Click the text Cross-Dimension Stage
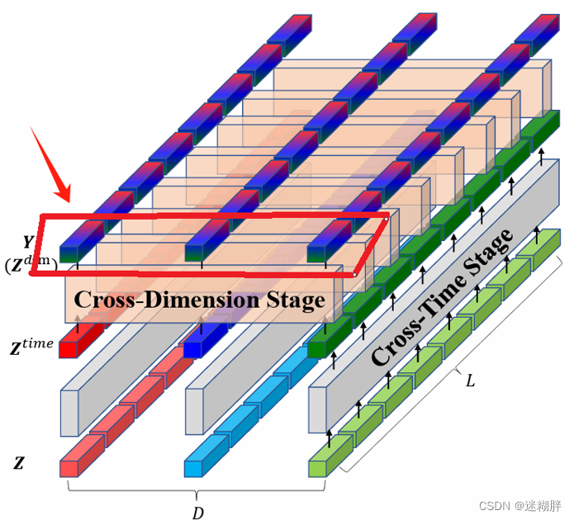pyautogui.click(x=199, y=300)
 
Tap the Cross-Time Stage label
pyautogui.click(x=443, y=297)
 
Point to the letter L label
pyautogui.click(x=470, y=381)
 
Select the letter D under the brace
pyautogui.click(x=198, y=513)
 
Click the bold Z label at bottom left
pyautogui.click(x=18, y=464)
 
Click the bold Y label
pyautogui.click(x=29, y=242)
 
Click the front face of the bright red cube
pyautogui.click(x=68, y=349)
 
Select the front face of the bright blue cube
pyautogui.click(x=192, y=349)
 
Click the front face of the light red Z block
pyautogui.click(x=68, y=468)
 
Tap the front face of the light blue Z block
pyautogui.click(x=192, y=468)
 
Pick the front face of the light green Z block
pyautogui.click(x=317, y=468)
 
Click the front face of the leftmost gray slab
pyautogui.click(x=69, y=410)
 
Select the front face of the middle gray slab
pyautogui.click(x=192, y=410)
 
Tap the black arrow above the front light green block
pyautogui.click(x=330, y=437)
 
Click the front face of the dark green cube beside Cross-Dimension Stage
pyautogui.click(x=317, y=349)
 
